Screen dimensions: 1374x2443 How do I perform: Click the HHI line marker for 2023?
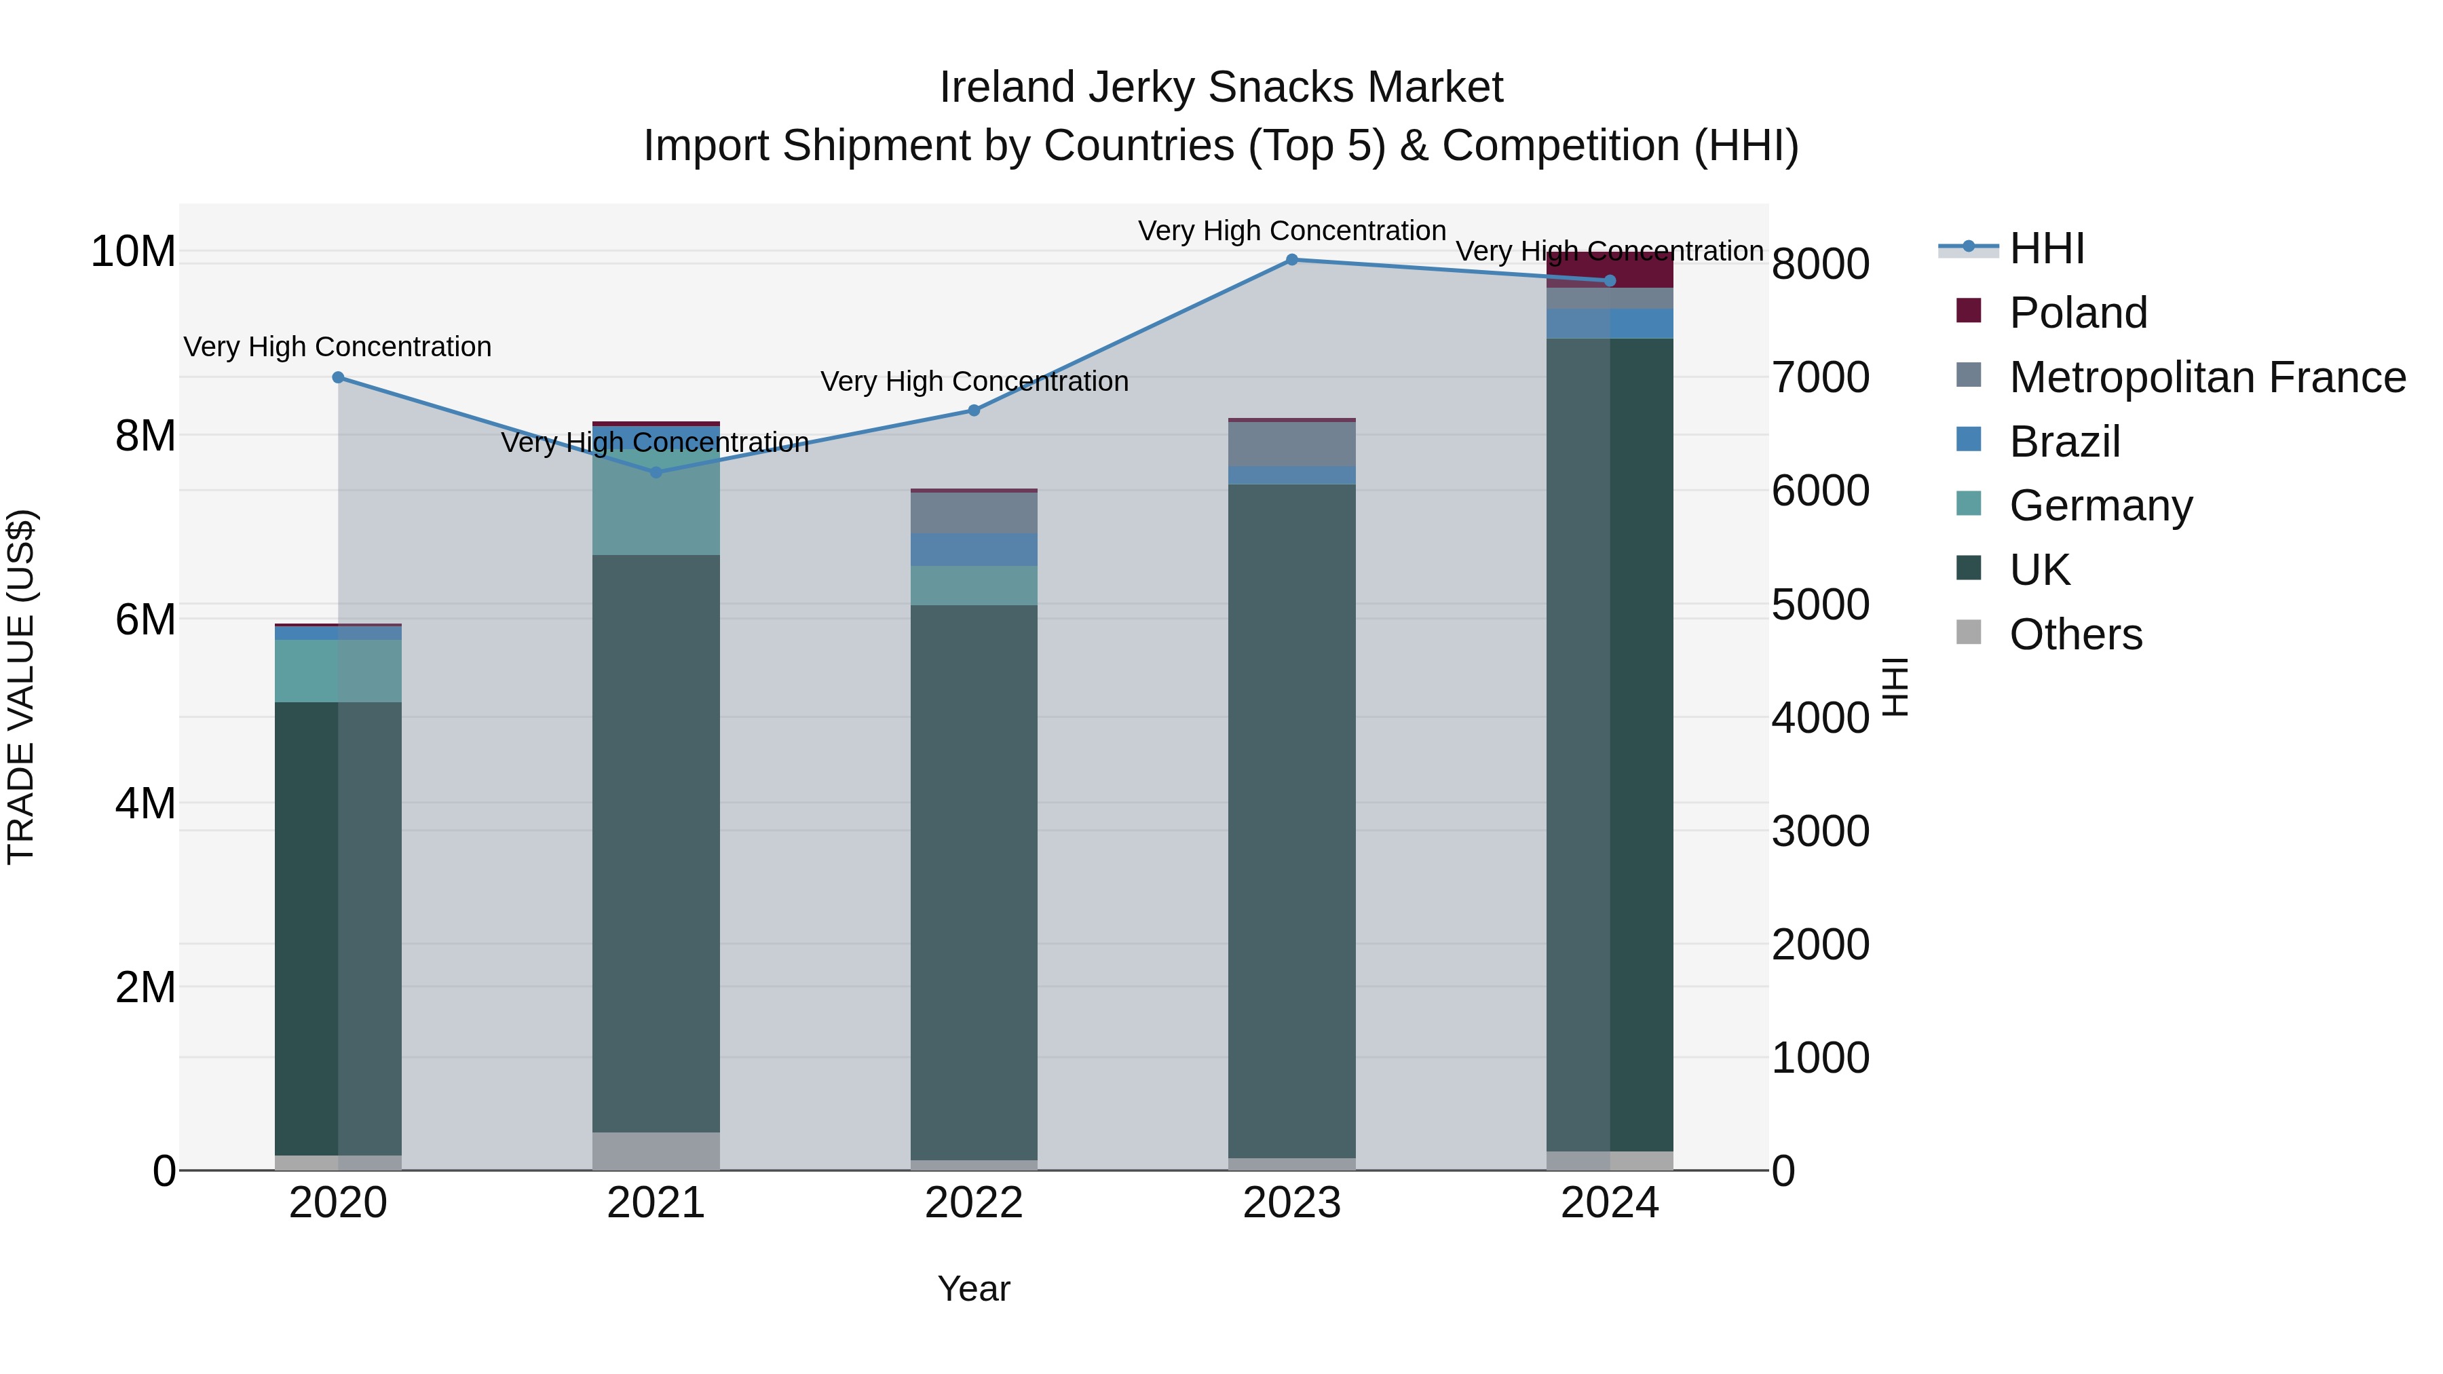point(1291,260)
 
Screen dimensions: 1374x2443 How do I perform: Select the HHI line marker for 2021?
point(656,472)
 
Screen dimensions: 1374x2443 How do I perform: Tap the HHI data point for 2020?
point(339,377)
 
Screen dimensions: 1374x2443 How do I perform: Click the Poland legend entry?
point(2077,313)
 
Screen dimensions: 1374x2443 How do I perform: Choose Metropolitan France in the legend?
point(2206,377)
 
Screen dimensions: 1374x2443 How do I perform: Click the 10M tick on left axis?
point(133,252)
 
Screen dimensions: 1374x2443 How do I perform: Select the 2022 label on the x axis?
point(973,1203)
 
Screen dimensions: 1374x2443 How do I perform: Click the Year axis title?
point(973,1289)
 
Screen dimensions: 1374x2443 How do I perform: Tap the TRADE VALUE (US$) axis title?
point(21,687)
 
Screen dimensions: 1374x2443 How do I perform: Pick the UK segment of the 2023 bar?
point(1291,820)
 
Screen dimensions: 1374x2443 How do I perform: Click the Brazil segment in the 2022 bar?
point(973,550)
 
